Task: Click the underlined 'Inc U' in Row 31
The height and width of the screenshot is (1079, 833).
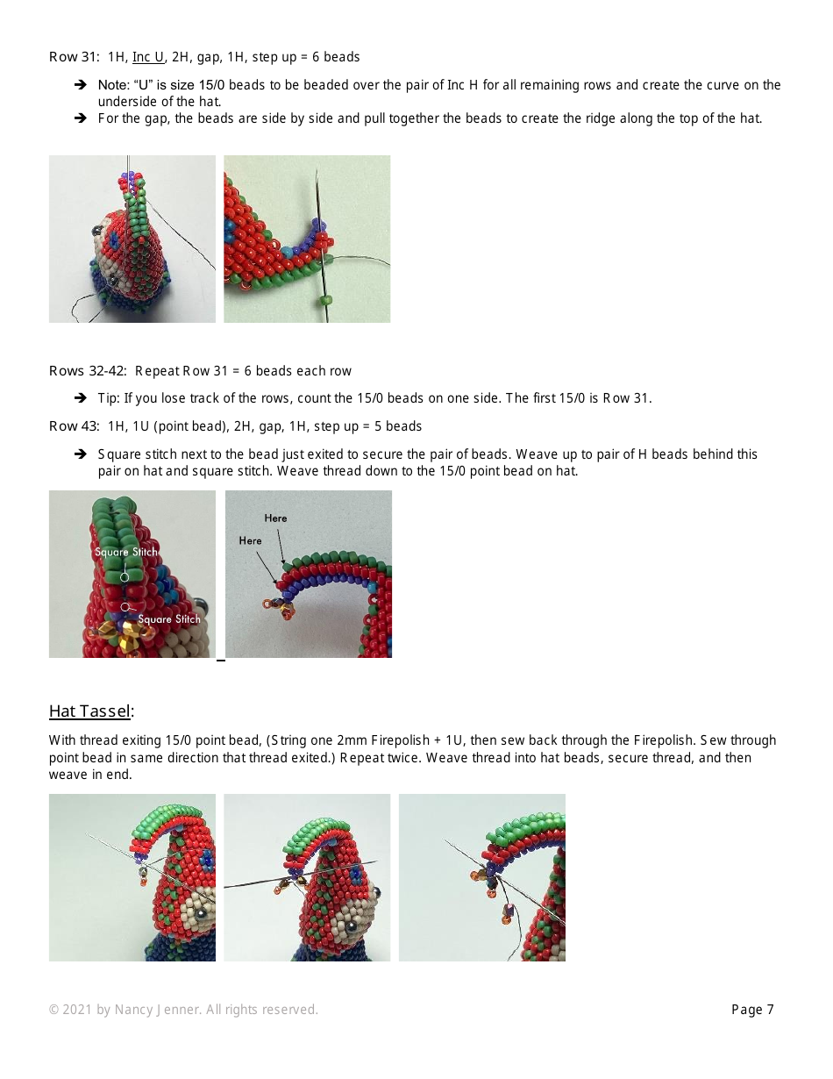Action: [148, 57]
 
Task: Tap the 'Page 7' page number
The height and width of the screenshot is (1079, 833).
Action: [752, 1010]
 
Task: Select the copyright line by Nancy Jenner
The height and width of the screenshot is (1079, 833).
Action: [183, 1010]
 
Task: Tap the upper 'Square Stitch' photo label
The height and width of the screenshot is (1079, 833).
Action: [126, 552]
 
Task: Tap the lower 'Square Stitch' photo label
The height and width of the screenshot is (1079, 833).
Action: [168, 619]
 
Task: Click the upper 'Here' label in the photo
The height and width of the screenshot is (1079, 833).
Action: [275, 518]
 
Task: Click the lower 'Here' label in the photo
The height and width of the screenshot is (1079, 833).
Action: [250, 541]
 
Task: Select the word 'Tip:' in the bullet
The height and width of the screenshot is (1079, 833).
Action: [109, 398]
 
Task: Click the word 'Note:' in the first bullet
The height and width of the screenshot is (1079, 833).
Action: [113, 85]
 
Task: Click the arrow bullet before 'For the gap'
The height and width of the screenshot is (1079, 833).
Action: [80, 118]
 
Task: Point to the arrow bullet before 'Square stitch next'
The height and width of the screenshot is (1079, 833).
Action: [80, 454]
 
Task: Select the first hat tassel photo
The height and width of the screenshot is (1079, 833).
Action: [132, 877]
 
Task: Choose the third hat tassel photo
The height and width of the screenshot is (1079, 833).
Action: [481, 877]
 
